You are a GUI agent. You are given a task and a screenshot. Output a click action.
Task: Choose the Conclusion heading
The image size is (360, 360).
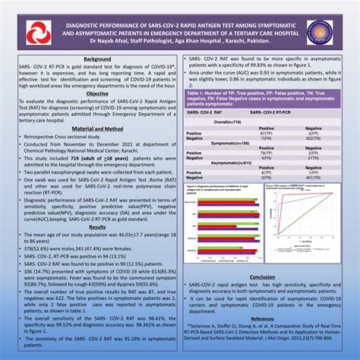[261, 255]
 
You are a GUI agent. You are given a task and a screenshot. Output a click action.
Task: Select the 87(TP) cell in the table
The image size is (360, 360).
[245, 134]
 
